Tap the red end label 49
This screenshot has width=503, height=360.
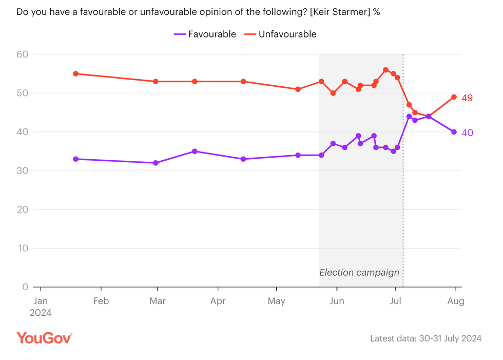467,98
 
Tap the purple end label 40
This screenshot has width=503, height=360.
467,132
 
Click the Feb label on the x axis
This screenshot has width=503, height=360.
101,301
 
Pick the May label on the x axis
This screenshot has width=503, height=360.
277,301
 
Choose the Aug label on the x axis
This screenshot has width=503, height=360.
456,301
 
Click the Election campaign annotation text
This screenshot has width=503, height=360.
359,273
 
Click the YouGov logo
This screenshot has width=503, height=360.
44,338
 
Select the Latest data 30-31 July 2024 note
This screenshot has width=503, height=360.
425,338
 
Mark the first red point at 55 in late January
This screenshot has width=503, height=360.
75,73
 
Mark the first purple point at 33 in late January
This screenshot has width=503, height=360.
75,159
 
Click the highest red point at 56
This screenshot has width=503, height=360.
385,70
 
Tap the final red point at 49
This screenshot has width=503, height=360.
454,97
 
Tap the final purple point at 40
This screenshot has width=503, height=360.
454,132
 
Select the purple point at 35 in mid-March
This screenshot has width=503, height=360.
195,151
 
